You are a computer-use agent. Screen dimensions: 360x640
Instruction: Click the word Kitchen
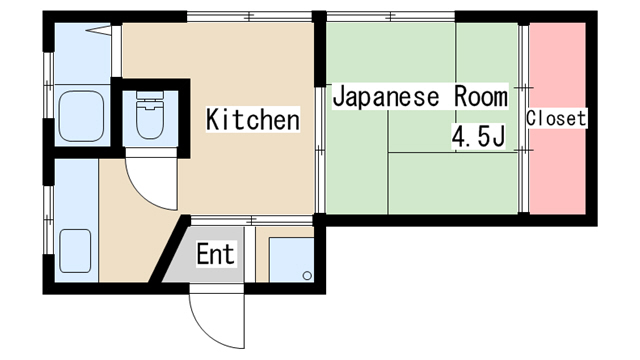point(253,121)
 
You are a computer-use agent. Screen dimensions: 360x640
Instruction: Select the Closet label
point(557,118)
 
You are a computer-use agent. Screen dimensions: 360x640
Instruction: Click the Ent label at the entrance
point(215,255)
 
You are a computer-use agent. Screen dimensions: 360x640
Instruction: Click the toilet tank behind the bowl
point(148,101)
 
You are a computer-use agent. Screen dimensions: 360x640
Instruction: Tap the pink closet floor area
point(557,170)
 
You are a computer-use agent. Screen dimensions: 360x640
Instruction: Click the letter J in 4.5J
point(496,137)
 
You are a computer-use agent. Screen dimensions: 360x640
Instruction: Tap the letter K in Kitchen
point(213,121)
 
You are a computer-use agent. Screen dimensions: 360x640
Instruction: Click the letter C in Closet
point(532,118)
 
